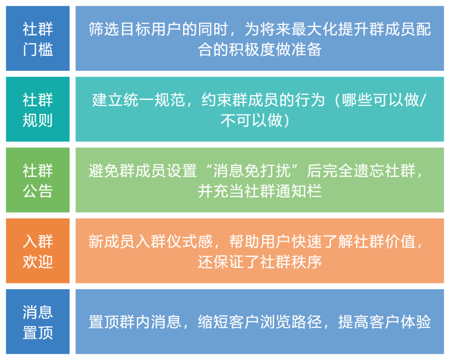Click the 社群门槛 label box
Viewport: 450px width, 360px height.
point(37,39)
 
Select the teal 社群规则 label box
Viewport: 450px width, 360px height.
point(37,110)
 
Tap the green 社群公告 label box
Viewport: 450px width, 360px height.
point(37,180)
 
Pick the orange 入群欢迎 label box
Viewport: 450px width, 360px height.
point(37,251)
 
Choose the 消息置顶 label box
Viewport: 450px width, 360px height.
point(37,322)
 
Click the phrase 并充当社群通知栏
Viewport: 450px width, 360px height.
point(260,191)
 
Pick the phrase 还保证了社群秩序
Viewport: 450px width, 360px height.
point(260,262)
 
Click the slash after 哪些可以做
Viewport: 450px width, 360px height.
point(424,100)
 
